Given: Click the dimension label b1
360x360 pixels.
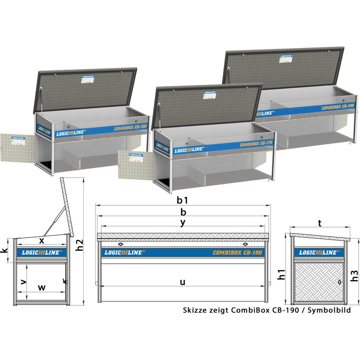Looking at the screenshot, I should (182, 200).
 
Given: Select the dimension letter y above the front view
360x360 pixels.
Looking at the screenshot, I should (182, 223).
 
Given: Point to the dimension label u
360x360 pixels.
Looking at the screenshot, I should (182, 282).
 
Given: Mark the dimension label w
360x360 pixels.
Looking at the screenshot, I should (42, 287).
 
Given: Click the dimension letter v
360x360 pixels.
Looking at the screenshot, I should (24, 282).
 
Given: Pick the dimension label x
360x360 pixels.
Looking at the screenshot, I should (41, 240).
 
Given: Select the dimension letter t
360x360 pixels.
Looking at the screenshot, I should (319, 223).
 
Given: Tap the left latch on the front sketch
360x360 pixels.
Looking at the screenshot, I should (121, 244).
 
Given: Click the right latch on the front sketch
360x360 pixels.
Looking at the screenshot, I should (245, 244).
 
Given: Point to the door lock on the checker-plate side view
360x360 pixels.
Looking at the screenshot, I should (339, 282).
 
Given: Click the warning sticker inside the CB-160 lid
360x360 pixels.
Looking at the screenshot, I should (88, 79).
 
